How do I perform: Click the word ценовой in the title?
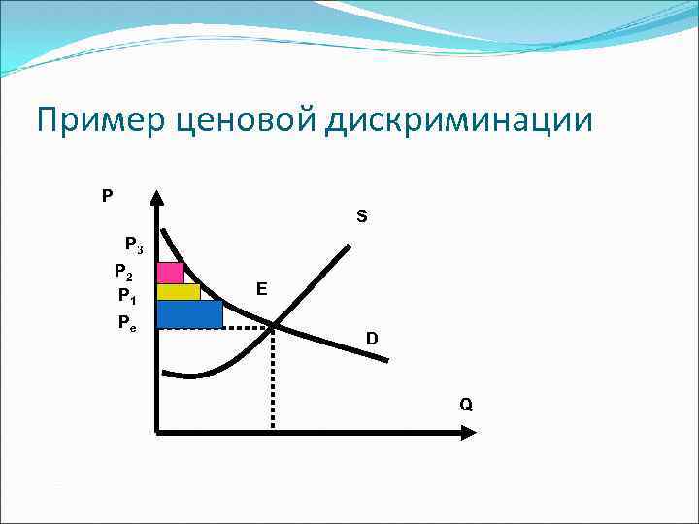(237, 121)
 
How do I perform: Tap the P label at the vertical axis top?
(107, 195)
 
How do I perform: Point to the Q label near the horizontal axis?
(466, 404)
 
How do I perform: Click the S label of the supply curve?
(361, 217)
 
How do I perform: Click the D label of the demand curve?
(372, 339)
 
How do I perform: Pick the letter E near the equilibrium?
(262, 288)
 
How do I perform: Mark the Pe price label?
(127, 321)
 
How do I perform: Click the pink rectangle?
(170, 272)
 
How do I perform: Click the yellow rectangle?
(178, 292)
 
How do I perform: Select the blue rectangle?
(189, 313)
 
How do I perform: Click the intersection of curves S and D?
(273, 326)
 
